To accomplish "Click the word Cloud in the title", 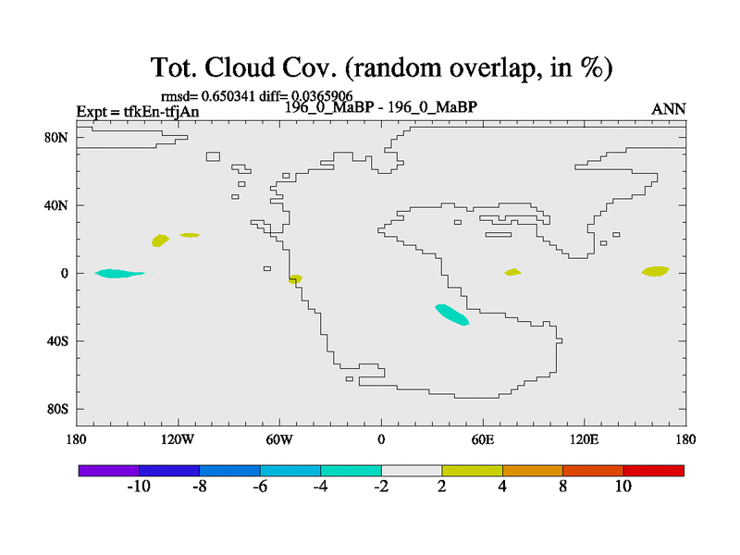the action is click(x=240, y=68).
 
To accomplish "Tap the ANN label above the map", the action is click(x=668, y=109).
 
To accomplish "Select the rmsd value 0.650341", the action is click(x=228, y=96).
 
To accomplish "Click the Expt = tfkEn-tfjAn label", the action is click(x=138, y=112).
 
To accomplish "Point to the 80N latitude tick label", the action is click(x=56, y=137).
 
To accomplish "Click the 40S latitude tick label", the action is click(x=57, y=340).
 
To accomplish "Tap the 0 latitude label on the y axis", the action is click(x=64, y=273).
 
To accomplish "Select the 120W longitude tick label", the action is click(x=178, y=440).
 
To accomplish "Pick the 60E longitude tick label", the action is click(x=483, y=440).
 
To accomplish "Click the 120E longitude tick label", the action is click(x=585, y=440).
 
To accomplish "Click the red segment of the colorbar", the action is click(x=654, y=471).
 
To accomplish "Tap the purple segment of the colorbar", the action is click(x=109, y=471).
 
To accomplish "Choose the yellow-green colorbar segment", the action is click(x=473, y=471).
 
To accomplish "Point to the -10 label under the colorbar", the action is click(x=139, y=487).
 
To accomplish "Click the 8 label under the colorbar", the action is click(x=562, y=487).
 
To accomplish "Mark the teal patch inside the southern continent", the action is click(x=451, y=314).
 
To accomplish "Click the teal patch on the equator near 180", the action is click(x=120, y=273).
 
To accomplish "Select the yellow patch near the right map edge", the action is click(x=655, y=271).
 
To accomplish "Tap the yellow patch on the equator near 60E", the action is click(x=512, y=272).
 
